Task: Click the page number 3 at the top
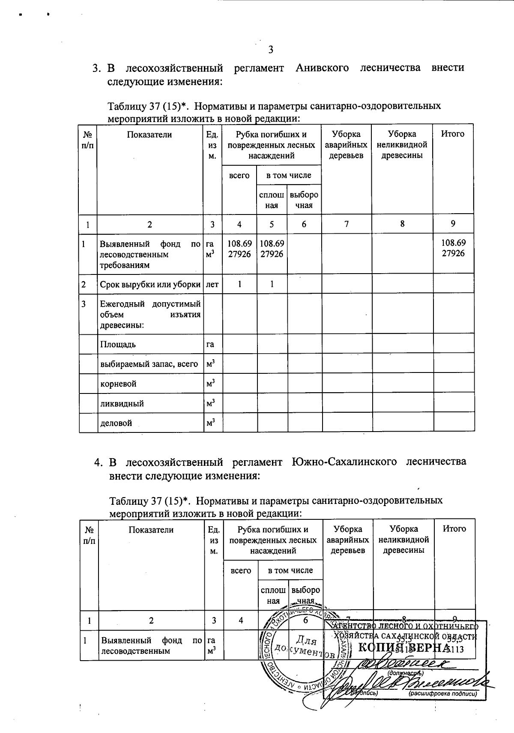click(x=270, y=50)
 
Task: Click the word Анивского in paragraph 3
click(x=322, y=68)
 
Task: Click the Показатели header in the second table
click(x=151, y=530)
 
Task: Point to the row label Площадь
click(x=118, y=344)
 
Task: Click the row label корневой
click(x=118, y=384)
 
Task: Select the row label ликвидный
click(x=122, y=403)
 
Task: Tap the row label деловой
click(x=116, y=423)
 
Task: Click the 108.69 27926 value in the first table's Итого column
click(x=453, y=248)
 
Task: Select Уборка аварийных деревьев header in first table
click(x=346, y=145)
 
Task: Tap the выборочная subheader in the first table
click(x=304, y=200)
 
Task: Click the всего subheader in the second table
click(x=241, y=570)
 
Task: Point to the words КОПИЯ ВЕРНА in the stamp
click(x=403, y=647)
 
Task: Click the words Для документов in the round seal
click(x=300, y=647)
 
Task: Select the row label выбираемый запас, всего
click(x=149, y=364)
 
